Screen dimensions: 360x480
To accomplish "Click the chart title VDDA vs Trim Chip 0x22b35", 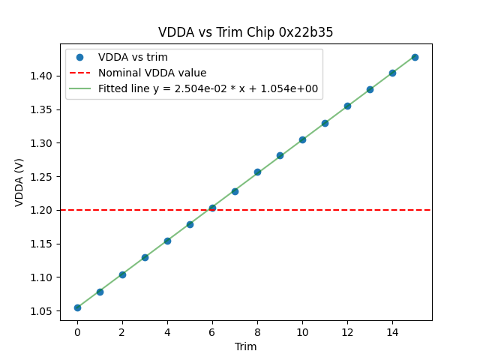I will point(245,32).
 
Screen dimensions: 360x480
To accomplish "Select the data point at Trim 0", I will point(77,307).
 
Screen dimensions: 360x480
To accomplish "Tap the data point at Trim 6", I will point(212,208).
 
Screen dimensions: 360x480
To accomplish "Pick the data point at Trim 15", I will point(415,57).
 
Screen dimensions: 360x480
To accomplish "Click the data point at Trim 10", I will point(302,139).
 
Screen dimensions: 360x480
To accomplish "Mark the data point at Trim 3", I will point(145,257).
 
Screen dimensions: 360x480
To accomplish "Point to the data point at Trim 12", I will point(347,106).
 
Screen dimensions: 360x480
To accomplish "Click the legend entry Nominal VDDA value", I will point(152,73).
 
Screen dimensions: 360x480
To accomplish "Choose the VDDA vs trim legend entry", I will point(133,57).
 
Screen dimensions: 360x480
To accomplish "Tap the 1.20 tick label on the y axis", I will point(43,210).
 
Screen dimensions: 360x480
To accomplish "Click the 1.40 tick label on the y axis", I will point(43,76).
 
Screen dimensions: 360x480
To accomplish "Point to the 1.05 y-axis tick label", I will point(43,311).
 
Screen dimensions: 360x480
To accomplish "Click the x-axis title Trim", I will point(245,346).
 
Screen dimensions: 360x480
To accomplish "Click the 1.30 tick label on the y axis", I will point(43,143).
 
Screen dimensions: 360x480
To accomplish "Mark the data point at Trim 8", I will point(257,172).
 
